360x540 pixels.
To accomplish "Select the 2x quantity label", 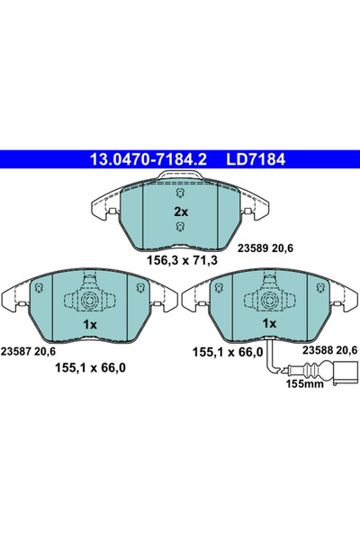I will pos(180,211).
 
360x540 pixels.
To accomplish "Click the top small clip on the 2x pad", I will pos(180,192).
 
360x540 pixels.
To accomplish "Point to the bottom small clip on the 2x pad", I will pos(180,231).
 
